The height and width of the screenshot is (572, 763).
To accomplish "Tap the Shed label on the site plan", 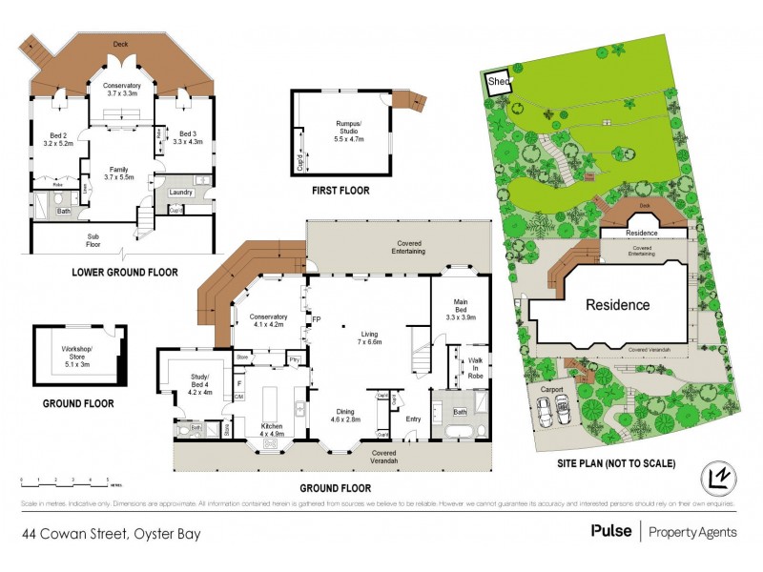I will [499, 83].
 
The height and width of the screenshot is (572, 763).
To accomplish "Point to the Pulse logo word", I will [609, 531].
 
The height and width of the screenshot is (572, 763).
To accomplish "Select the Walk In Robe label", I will [476, 368].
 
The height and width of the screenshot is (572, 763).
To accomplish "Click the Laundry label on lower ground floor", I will [181, 193].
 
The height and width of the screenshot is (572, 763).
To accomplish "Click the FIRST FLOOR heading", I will [340, 191].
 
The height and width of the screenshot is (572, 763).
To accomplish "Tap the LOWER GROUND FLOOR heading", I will [125, 272].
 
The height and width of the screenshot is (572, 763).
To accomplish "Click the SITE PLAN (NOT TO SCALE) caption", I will [617, 464].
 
